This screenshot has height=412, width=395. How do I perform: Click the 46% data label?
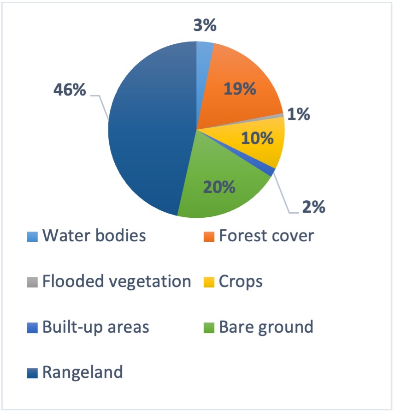pyautogui.click(x=70, y=90)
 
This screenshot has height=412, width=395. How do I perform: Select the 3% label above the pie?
pyautogui.click(x=205, y=25)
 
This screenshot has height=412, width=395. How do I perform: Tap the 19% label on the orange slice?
pyautogui.click(x=240, y=89)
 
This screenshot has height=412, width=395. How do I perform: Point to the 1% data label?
pyautogui.click(x=299, y=114)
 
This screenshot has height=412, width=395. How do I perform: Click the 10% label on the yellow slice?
pyautogui.click(x=257, y=138)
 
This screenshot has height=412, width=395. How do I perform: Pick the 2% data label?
pyautogui.click(x=313, y=207)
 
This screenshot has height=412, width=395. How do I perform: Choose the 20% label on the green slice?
pyautogui.click(x=219, y=187)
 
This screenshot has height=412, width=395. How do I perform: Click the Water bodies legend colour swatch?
pyautogui.click(x=33, y=237)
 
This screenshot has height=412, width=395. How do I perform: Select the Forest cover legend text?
pyautogui.click(x=266, y=235)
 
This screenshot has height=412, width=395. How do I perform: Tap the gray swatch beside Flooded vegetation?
pyautogui.click(x=33, y=282)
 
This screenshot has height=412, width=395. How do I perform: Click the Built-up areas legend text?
pyautogui.click(x=96, y=328)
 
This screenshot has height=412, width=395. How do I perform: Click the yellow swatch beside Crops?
pyautogui.click(x=209, y=282)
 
